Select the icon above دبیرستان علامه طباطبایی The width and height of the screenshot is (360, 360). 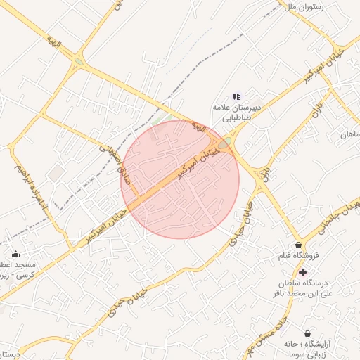coord(236,96)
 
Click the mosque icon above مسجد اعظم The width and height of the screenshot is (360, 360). coord(15,254)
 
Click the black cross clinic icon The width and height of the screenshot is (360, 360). coord(302,271)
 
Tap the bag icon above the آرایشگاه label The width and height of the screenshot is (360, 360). coord(307,333)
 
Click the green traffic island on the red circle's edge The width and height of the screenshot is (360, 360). coord(224,143)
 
